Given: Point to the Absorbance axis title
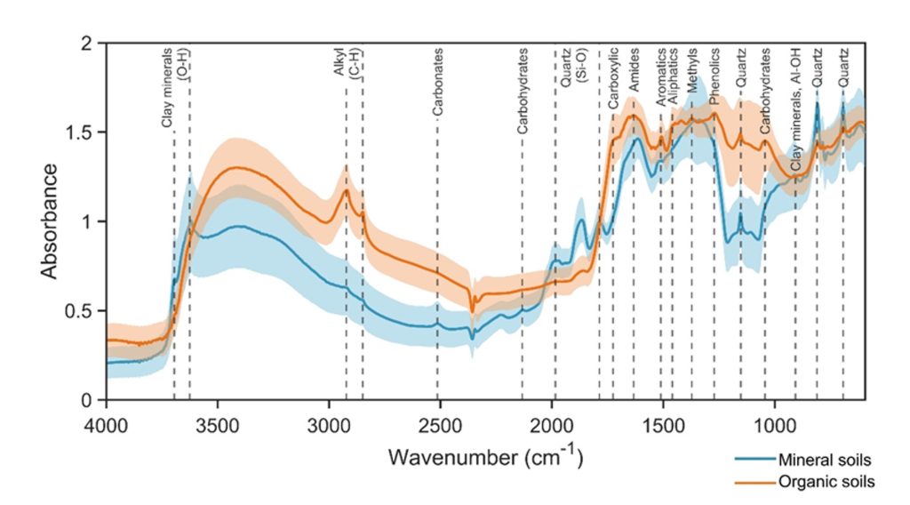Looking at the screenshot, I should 50,220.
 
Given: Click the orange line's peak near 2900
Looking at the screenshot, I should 346,189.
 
